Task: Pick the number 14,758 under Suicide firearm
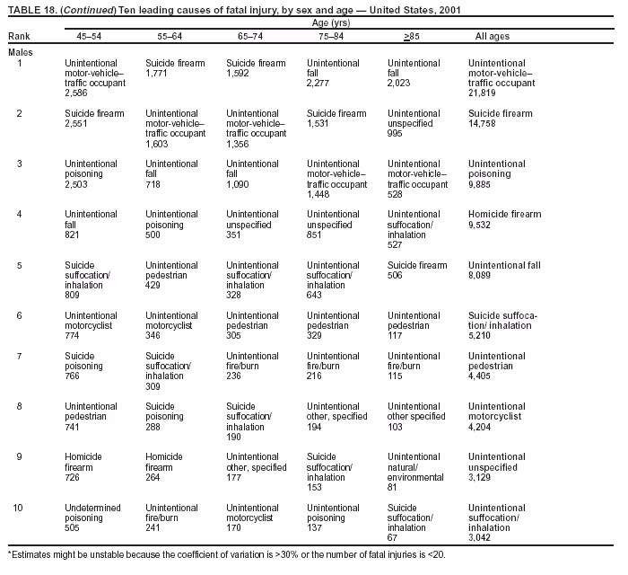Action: (482, 124)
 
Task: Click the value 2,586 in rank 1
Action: (77, 93)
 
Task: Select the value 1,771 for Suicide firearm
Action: (157, 74)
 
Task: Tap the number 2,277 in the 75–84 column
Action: (318, 84)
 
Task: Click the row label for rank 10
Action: (18, 508)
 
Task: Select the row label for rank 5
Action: (20, 265)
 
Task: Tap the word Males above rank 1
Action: (20, 52)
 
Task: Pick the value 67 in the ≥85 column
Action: (392, 537)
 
